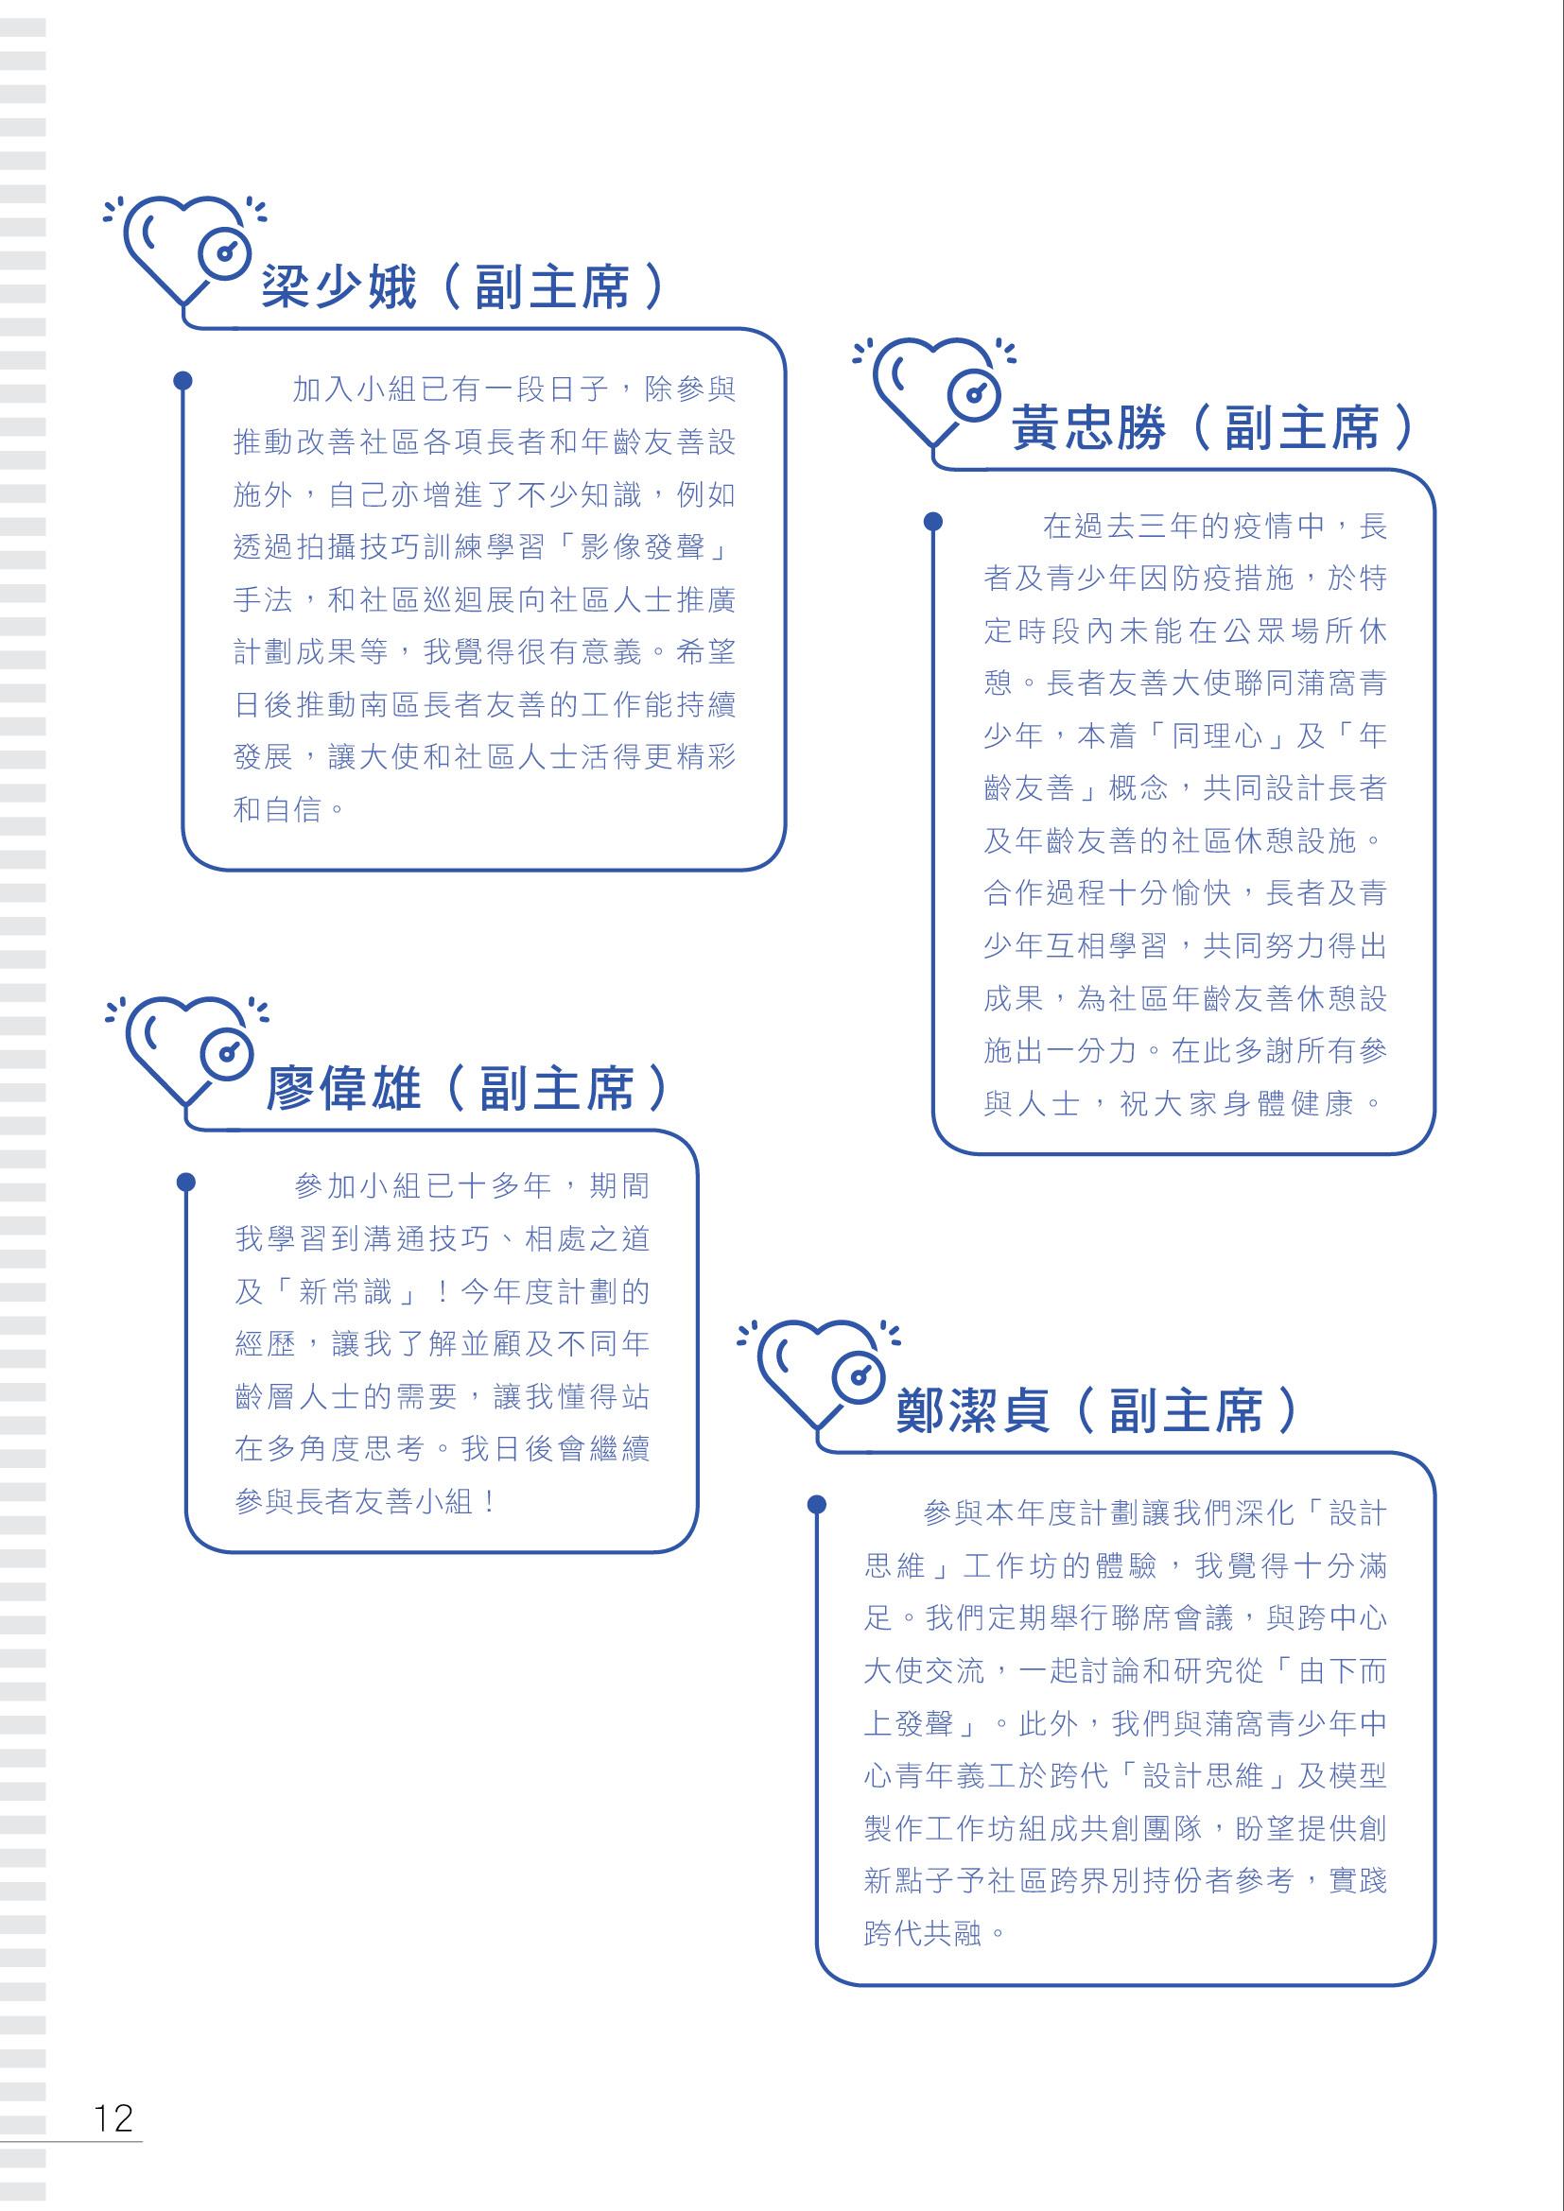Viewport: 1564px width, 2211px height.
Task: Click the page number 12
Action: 113,2117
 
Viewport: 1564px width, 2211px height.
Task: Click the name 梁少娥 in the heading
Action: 339,286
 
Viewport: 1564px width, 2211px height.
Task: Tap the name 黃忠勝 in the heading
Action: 1088,428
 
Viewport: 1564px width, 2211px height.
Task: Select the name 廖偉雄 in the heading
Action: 343,1089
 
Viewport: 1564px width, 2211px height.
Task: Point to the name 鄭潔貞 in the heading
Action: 972,1410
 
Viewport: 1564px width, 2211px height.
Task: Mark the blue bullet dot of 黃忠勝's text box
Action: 933,521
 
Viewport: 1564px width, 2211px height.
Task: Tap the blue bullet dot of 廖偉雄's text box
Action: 186,1182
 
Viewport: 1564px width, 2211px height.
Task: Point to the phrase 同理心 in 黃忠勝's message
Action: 1218,736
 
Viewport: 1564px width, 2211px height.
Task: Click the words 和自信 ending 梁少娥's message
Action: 277,809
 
